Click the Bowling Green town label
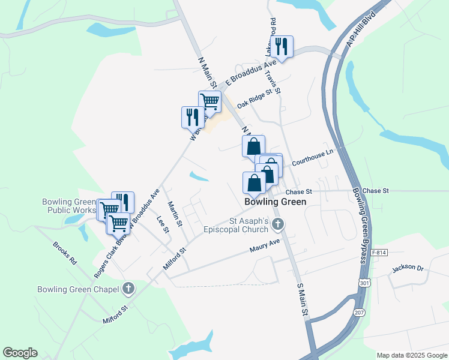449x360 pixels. coord(276,202)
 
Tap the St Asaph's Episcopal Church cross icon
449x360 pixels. coord(277,225)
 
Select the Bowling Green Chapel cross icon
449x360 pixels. coord(128,289)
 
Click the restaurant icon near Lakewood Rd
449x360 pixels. coord(281,46)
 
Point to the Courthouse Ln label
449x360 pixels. coord(312,158)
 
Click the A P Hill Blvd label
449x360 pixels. coord(365,29)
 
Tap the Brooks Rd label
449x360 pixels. coord(65,254)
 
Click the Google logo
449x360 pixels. coord(20,353)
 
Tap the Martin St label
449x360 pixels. coord(175,214)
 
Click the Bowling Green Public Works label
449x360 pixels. coord(68,206)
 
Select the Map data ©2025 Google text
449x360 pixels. coord(411,355)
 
